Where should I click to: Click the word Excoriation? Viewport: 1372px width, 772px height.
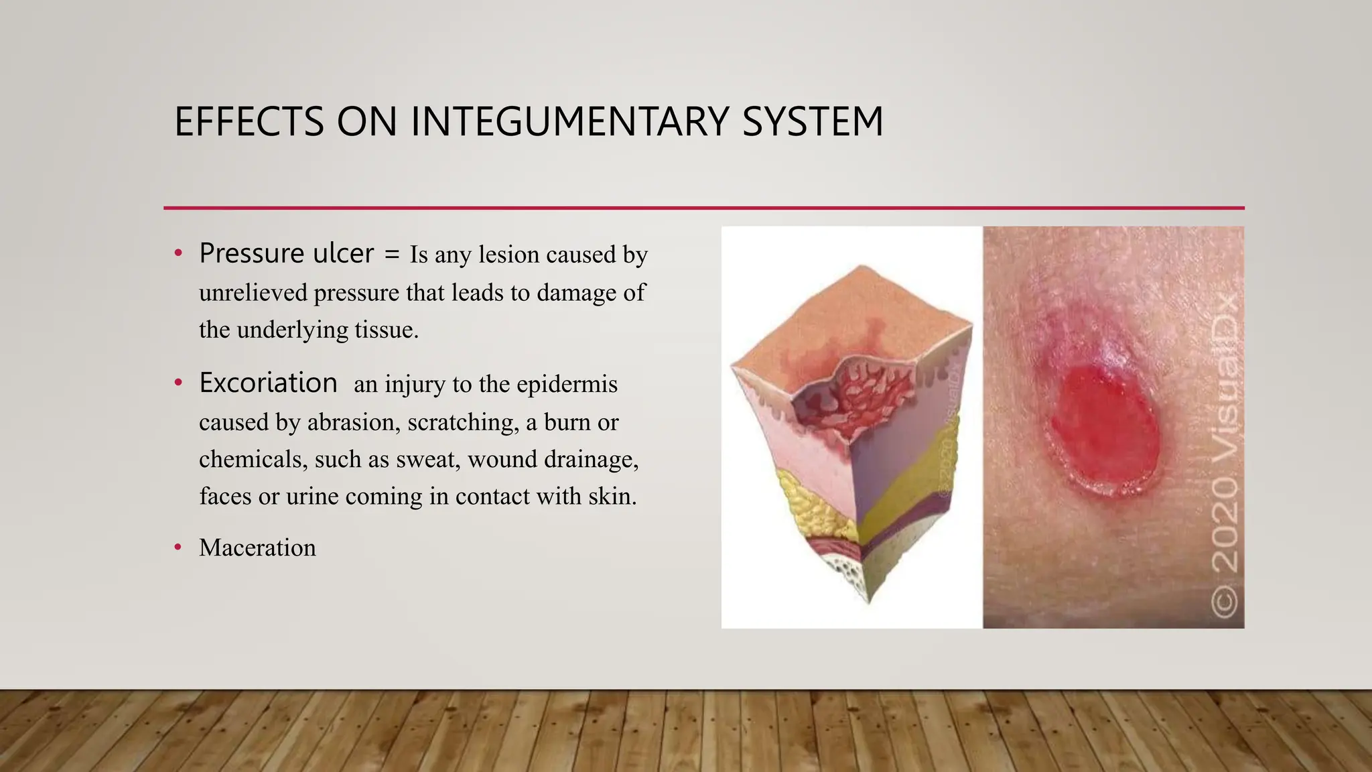point(268,383)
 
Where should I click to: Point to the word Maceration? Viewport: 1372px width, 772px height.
point(257,548)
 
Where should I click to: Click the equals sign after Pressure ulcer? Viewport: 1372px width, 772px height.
point(392,254)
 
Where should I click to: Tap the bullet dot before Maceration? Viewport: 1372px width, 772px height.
point(178,548)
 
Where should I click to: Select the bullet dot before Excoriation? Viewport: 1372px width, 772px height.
point(178,383)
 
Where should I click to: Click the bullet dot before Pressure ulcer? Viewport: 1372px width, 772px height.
point(178,254)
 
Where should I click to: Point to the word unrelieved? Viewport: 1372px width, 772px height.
point(253,293)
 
